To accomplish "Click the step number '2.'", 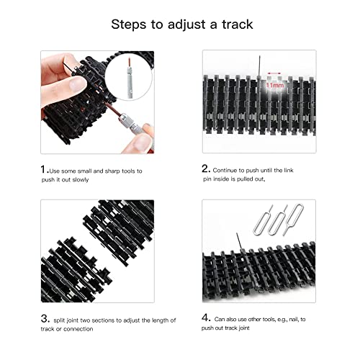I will (x=206, y=170).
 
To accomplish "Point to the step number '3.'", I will (x=45, y=318).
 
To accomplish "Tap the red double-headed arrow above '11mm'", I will (x=274, y=73).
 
